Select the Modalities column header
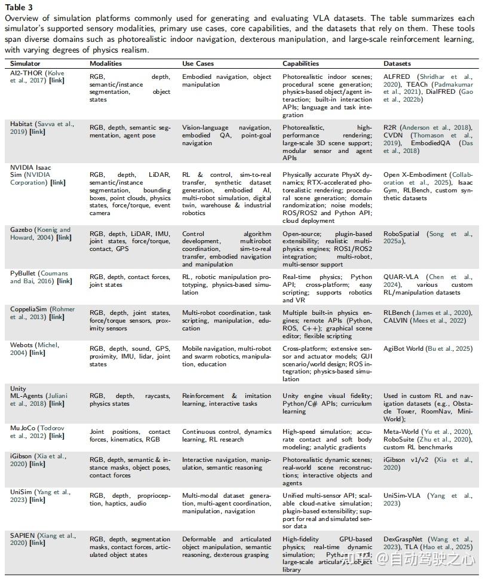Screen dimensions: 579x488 [x=106, y=63]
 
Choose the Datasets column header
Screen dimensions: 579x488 [x=397, y=63]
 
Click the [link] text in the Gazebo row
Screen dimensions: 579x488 [x=63, y=237]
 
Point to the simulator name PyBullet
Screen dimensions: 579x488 [x=23, y=272]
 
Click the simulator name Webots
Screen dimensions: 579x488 [x=22, y=345]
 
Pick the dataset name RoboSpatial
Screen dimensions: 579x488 [x=401, y=234]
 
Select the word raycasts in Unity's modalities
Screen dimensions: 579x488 [x=158, y=396]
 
